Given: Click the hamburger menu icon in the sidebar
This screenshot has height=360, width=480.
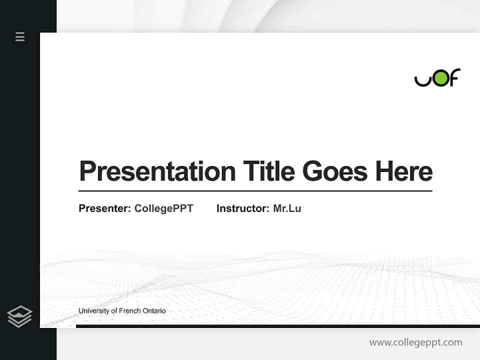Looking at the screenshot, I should click(20, 36).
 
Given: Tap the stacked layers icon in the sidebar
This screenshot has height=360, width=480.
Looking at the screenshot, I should click(19, 316).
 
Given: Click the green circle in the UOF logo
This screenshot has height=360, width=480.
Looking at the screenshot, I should click(440, 78).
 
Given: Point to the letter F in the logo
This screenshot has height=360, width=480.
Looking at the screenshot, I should click(454, 77).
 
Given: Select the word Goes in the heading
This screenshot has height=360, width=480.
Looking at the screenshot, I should click(335, 171).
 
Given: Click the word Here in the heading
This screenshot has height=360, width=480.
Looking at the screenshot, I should click(404, 171).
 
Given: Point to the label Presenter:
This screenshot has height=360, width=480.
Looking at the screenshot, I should click(104, 208).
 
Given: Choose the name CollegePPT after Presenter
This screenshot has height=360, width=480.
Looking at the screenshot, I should click(163, 208).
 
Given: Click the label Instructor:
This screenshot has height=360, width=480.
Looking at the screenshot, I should click(242, 208).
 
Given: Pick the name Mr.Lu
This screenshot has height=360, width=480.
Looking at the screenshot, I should click(287, 208).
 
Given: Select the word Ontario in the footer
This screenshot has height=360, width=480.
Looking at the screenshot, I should click(154, 311).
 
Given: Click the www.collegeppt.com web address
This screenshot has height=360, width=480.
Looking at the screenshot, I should click(415, 342).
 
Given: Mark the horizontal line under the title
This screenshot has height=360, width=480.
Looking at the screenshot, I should click(255, 191).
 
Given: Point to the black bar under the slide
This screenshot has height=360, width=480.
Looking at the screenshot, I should click(277, 326).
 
